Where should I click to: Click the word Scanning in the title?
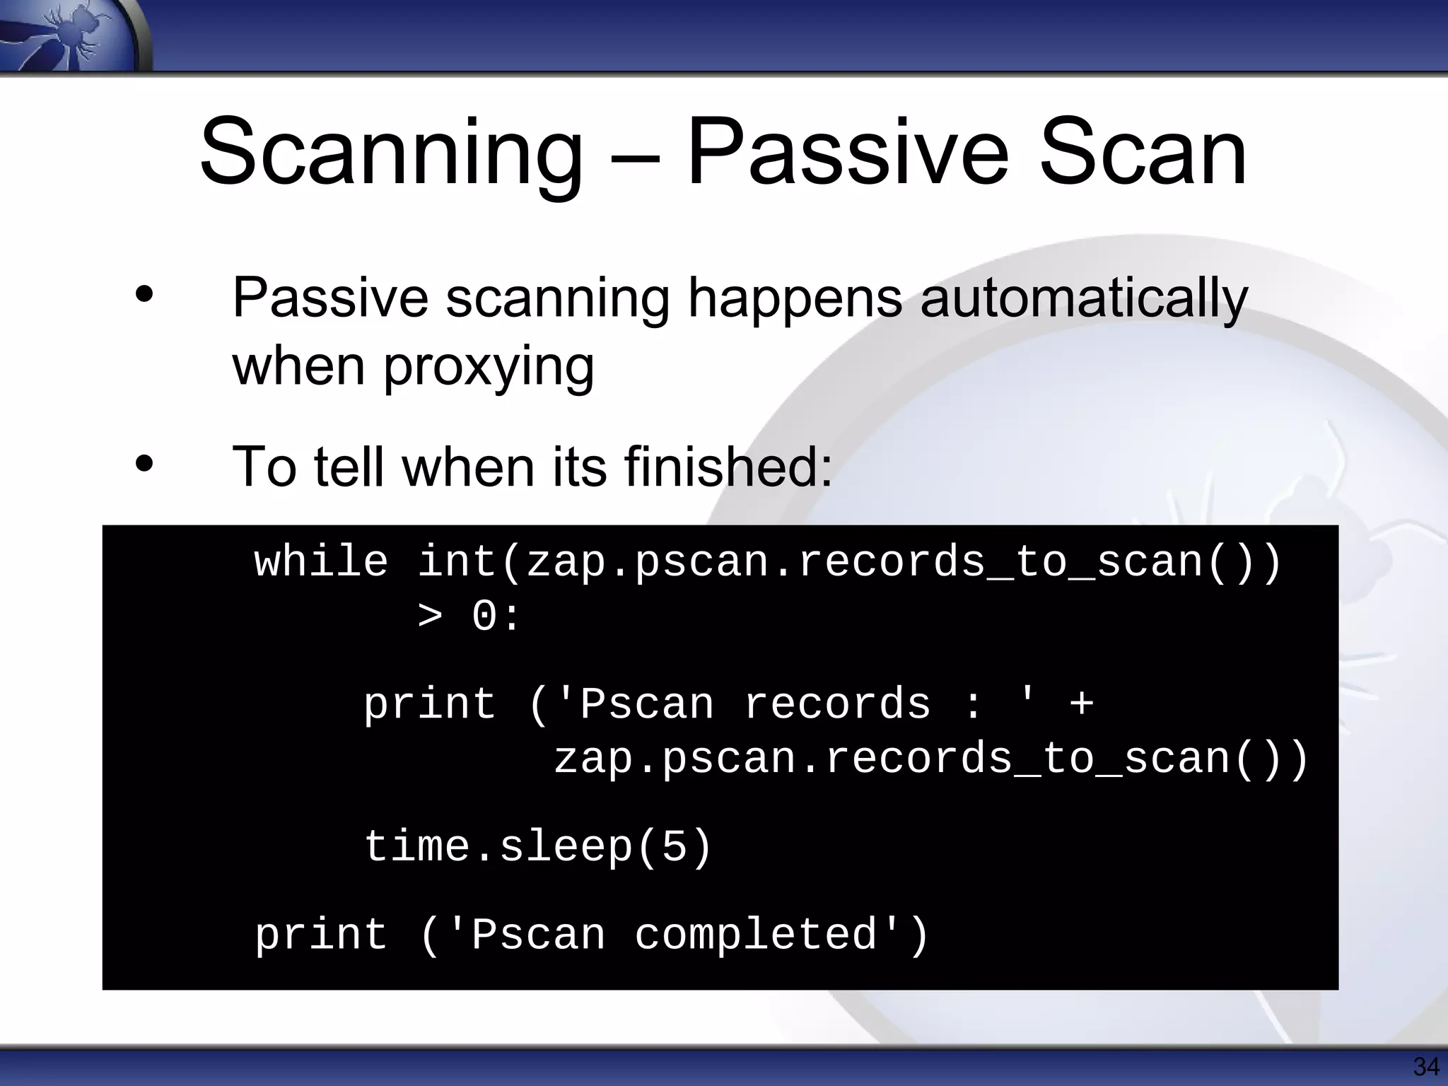pyautogui.click(x=391, y=154)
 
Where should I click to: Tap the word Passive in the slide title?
pyautogui.click(x=847, y=154)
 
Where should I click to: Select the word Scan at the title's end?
pyautogui.click(x=1143, y=154)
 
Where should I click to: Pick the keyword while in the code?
pyautogui.click(x=321, y=563)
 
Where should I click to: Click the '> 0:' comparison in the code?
pyautogui.click(x=468, y=617)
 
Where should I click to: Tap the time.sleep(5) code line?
pyautogui.click(x=537, y=847)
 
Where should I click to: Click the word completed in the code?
pyautogui.click(x=757, y=935)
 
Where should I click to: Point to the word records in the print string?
pyautogui.click(x=837, y=705)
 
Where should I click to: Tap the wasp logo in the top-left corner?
pyautogui.click(x=71, y=35)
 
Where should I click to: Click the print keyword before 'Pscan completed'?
pyautogui.click(x=321, y=935)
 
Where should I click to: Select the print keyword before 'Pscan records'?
pyautogui.click(x=430, y=705)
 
